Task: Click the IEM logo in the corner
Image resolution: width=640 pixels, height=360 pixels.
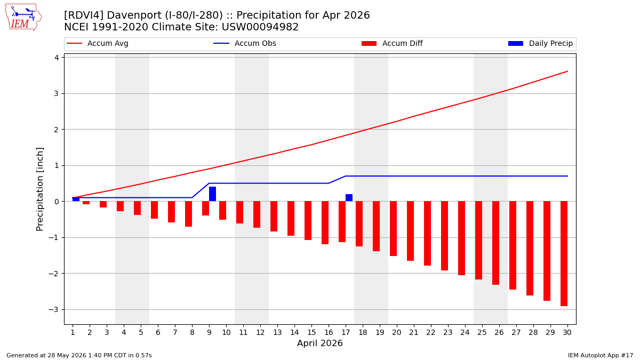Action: [x=23, y=18]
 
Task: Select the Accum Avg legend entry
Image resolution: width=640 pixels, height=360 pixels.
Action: [x=98, y=43]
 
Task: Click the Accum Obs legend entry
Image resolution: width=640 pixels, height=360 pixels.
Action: [x=245, y=43]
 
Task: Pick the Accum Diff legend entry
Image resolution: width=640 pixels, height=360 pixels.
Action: [x=392, y=43]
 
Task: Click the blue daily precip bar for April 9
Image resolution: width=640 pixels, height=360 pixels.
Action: [x=213, y=194]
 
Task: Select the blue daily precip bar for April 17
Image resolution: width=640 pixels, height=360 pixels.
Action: [x=349, y=198]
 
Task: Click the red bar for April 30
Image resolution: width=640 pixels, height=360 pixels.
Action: [x=564, y=254]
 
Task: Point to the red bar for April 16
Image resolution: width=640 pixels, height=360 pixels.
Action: [x=325, y=223]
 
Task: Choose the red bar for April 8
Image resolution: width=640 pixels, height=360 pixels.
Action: [x=189, y=214]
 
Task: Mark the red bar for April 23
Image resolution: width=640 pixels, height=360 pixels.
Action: [x=445, y=236]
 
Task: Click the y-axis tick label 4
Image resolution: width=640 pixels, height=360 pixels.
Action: [x=57, y=58]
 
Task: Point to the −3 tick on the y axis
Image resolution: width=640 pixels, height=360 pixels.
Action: [x=53, y=310]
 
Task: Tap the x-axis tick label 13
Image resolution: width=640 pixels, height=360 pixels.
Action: [x=277, y=332]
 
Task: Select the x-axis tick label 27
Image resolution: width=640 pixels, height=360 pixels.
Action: [x=516, y=332]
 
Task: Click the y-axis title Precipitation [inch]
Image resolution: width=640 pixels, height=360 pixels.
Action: [x=39, y=189]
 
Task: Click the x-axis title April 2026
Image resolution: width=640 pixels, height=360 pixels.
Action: [x=319, y=343]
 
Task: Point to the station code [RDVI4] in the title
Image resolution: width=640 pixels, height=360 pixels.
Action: [x=83, y=15]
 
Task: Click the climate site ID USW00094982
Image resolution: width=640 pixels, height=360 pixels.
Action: [x=260, y=27]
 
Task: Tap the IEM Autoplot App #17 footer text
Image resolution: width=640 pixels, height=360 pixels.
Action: [x=601, y=355]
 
